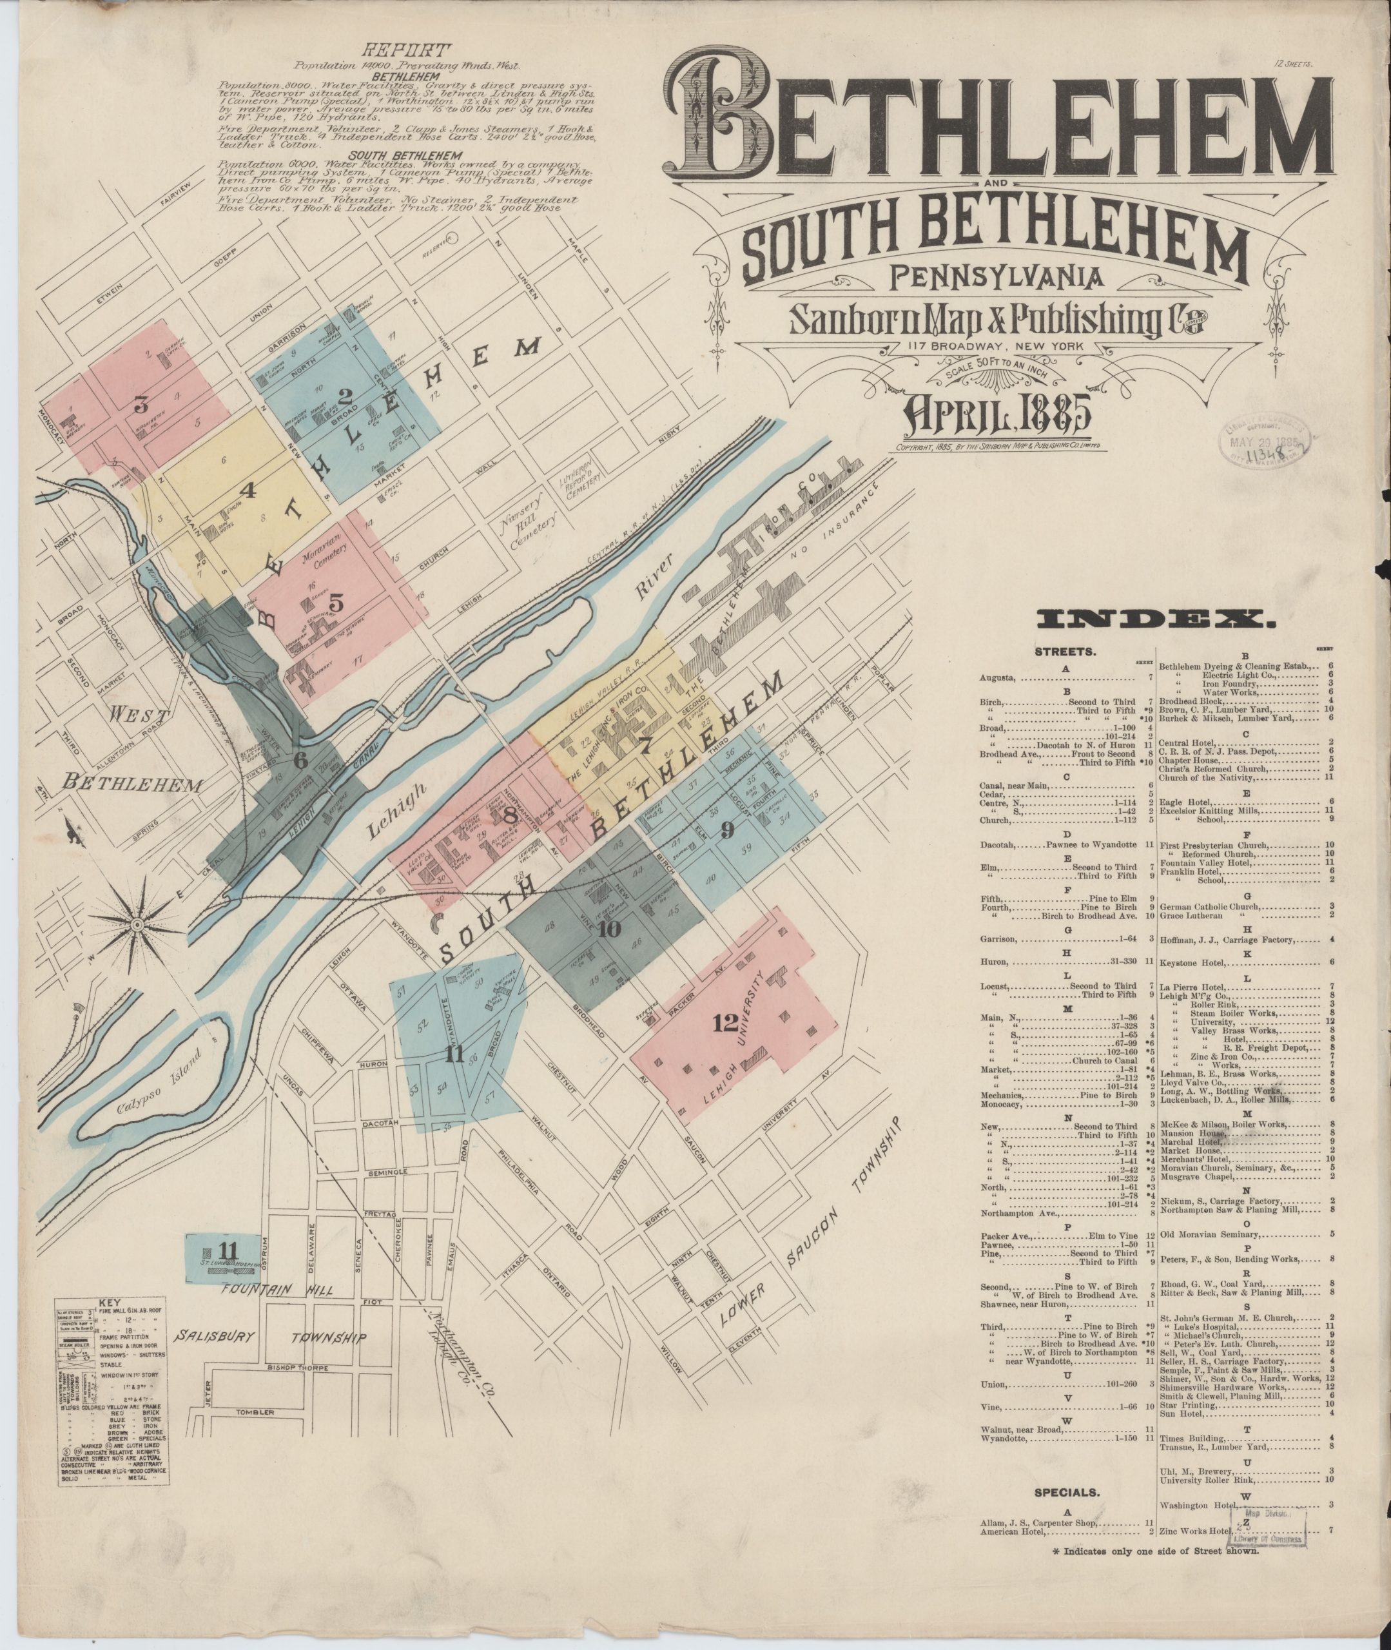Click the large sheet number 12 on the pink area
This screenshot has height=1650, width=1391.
click(725, 1024)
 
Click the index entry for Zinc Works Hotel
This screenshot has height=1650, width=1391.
click(1194, 1531)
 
